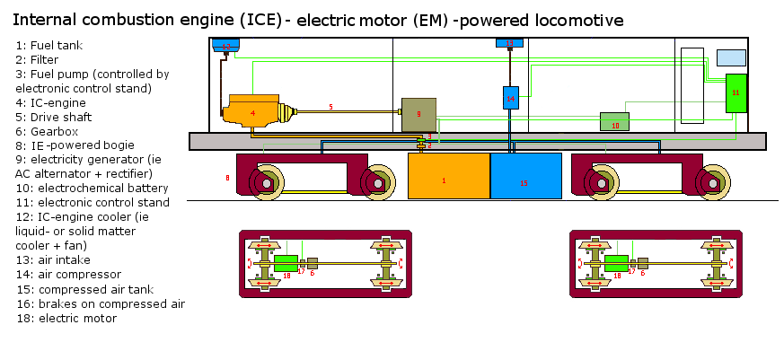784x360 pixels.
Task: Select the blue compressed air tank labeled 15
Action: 525,176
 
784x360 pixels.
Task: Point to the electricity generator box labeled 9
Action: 418,114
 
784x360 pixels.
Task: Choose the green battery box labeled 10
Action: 614,122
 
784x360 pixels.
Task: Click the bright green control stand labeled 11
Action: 736,93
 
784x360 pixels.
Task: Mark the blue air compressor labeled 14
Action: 510,97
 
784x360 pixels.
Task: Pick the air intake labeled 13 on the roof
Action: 510,43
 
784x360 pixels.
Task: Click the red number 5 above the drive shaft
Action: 330,107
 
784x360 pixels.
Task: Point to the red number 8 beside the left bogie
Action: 227,179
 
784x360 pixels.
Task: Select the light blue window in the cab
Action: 730,57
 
